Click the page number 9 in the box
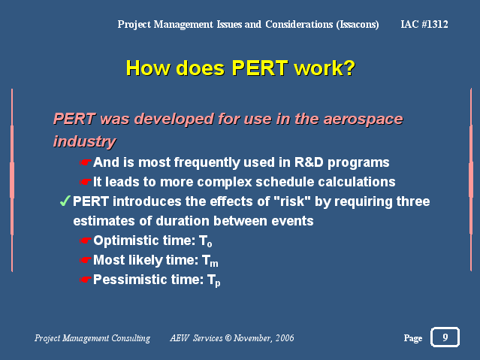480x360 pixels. (445, 337)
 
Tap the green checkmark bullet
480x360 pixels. (65, 201)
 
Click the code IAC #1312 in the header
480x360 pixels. (424, 24)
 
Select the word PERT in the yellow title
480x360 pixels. (260, 68)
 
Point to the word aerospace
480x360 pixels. (363, 119)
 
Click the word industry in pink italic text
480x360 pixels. (84, 141)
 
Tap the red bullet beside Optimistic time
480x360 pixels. (86, 241)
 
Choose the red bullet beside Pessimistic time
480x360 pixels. (86, 280)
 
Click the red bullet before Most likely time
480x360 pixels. (86, 260)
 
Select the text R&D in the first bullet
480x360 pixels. (309, 162)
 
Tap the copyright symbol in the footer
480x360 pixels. (228, 337)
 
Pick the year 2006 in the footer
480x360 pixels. (285, 337)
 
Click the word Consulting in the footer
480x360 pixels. (131, 338)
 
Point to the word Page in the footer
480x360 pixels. (413, 338)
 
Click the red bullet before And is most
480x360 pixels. (86, 162)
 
